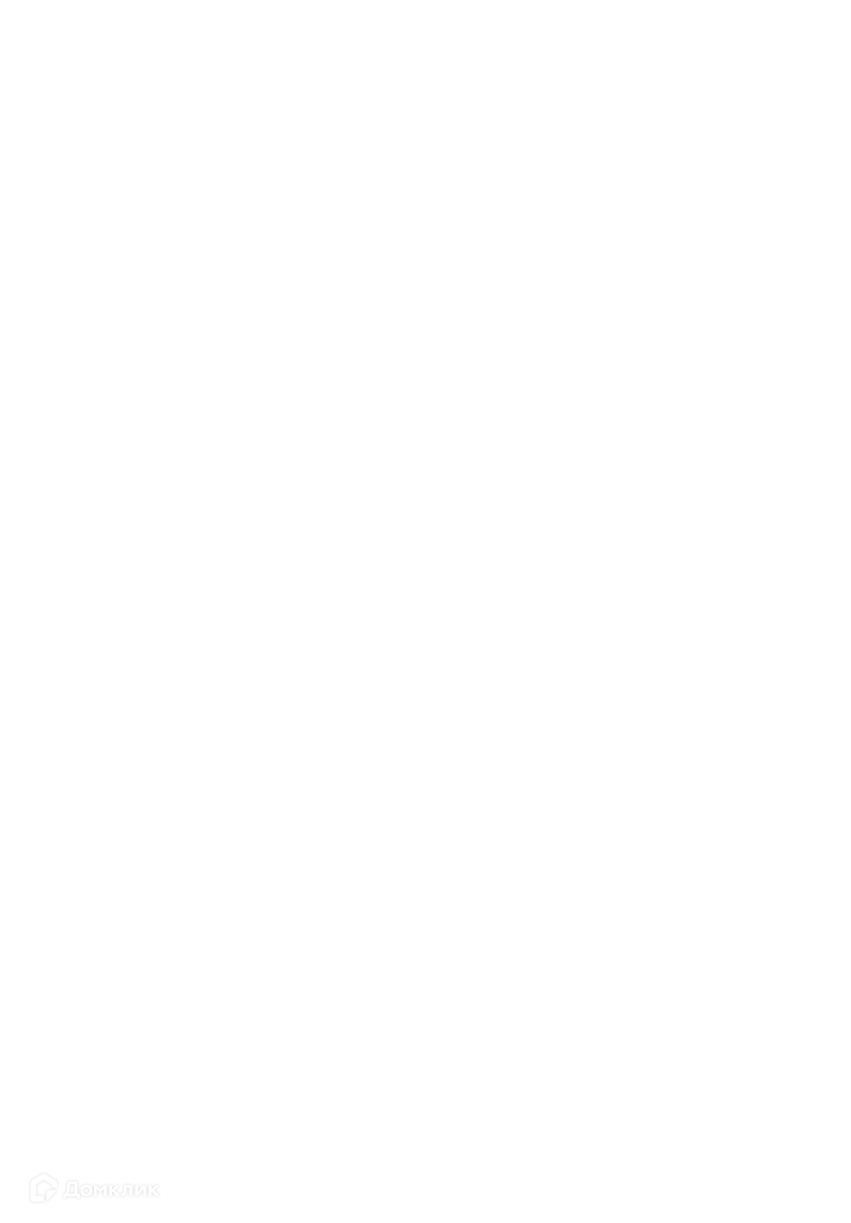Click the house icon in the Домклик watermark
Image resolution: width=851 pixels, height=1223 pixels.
coord(43,1187)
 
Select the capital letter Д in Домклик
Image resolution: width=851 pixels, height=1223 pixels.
coord(71,1189)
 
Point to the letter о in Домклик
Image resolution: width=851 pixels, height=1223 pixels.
coord(86,1190)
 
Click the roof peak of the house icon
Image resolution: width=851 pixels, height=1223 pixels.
coord(43,1173)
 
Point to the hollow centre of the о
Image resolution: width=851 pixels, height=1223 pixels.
coord(86,1190)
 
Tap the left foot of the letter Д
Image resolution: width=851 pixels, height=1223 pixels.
coord(64,1197)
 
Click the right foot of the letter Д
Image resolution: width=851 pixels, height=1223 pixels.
coord(78,1197)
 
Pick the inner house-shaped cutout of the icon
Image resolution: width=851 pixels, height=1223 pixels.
coord(42,1188)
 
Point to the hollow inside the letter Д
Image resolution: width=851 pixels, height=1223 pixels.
coord(71,1189)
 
